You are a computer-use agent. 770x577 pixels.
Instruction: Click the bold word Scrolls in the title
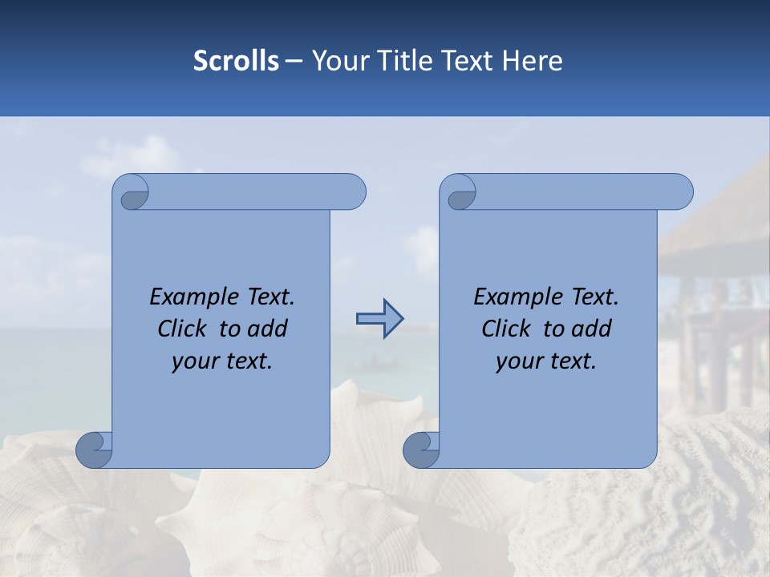[x=236, y=61]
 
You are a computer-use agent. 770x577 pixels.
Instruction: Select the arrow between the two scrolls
[x=379, y=319]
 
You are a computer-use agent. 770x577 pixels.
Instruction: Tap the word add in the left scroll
[x=268, y=329]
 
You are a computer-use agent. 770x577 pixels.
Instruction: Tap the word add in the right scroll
[x=592, y=329]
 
